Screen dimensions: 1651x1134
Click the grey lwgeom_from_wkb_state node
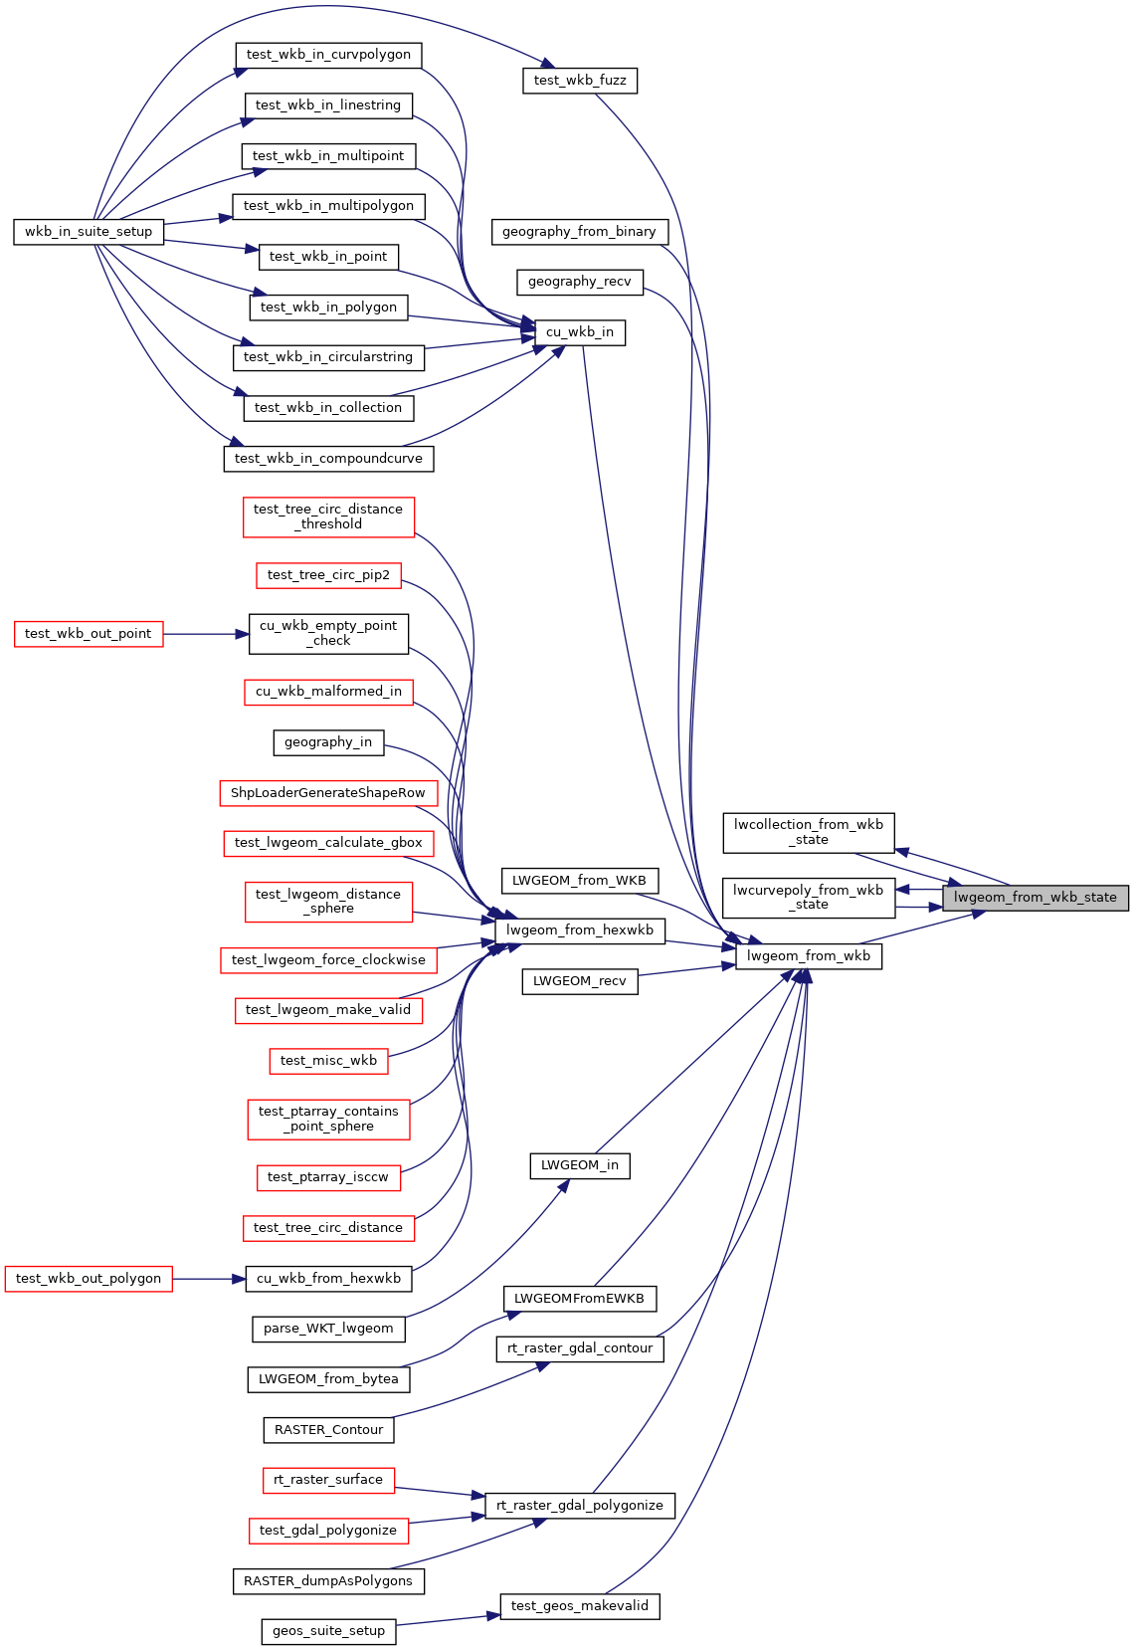pyautogui.click(x=1035, y=898)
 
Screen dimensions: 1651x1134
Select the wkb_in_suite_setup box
pyautogui.click(x=89, y=232)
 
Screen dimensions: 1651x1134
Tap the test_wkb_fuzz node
pyautogui.click(x=580, y=81)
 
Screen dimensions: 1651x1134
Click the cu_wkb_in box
pyautogui.click(x=580, y=332)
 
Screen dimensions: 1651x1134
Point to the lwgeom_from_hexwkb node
pyautogui.click(x=580, y=930)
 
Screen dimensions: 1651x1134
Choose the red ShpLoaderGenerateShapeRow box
pyautogui.click(x=328, y=793)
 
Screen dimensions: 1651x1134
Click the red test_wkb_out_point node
pyautogui.click(x=89, y=634)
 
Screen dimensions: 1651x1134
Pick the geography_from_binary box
pyautogui.click(x=579, y=232)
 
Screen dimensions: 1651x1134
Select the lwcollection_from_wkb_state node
pyautogui.click(x=809, y=833)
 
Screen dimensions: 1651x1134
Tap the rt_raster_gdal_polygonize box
pyautogui.click(x=580, y=1506)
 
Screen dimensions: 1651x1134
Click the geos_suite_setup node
pyautogui.click(x=328, y=1631)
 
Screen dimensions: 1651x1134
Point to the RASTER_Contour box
pyautogui.click(x=328, y=1430)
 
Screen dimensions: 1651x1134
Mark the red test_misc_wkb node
pyautogui.click(x=328, y=1061)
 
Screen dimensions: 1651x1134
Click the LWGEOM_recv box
pyautogui.click(x=580, y=981)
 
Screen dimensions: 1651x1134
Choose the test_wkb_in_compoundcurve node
pyautogui.click(x=328, y=459)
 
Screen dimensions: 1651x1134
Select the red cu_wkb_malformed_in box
pyautogui.click(x=328, y=692)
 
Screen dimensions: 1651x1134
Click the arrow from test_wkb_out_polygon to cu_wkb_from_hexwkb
pyautogui.click(x=209, y=1279)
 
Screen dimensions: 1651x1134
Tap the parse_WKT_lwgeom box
pyautogui.click(x=328, y=1329)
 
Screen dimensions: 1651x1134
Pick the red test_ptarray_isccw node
pyautogui.click(x=328, y=1177)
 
